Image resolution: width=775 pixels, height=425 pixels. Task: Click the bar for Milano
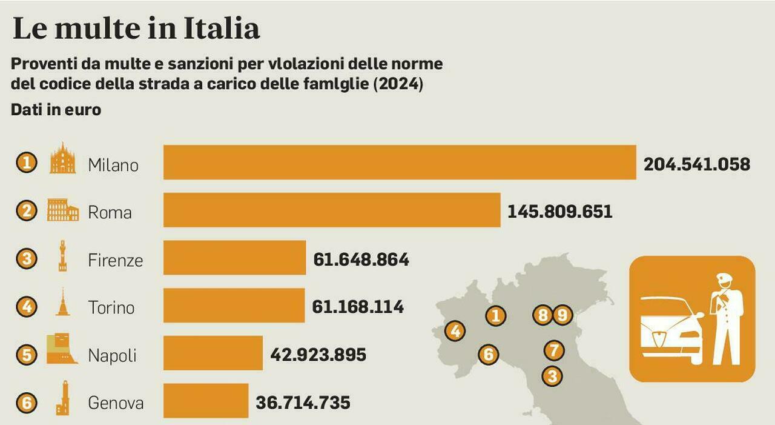[x=400, y=162]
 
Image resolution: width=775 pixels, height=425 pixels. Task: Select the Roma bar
[x=332, y=210]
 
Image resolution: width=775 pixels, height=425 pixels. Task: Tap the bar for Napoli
[x=213, y=353]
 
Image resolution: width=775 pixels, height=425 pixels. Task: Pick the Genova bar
[x=206, y=401]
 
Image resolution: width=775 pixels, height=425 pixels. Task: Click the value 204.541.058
[x=697, y=164]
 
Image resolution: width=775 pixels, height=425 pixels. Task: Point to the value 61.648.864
[x=361, y=260]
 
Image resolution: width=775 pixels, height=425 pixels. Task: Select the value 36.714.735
[x=303, y=403]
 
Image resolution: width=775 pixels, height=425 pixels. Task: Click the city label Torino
[x=111, y=307]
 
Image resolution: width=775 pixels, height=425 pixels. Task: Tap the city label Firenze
[x=115, y=260]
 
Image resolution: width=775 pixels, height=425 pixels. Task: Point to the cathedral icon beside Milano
[x=63, y=159]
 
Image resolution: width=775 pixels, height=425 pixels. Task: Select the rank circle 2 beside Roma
[x=26, y=211]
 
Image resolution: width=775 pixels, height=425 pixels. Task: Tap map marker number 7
[x=553, y=350]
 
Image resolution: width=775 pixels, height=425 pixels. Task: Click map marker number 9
[x=562, y=315]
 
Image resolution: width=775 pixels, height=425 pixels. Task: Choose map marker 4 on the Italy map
[x=455, y=331]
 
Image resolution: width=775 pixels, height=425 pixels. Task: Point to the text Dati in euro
[x=56, y=110]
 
